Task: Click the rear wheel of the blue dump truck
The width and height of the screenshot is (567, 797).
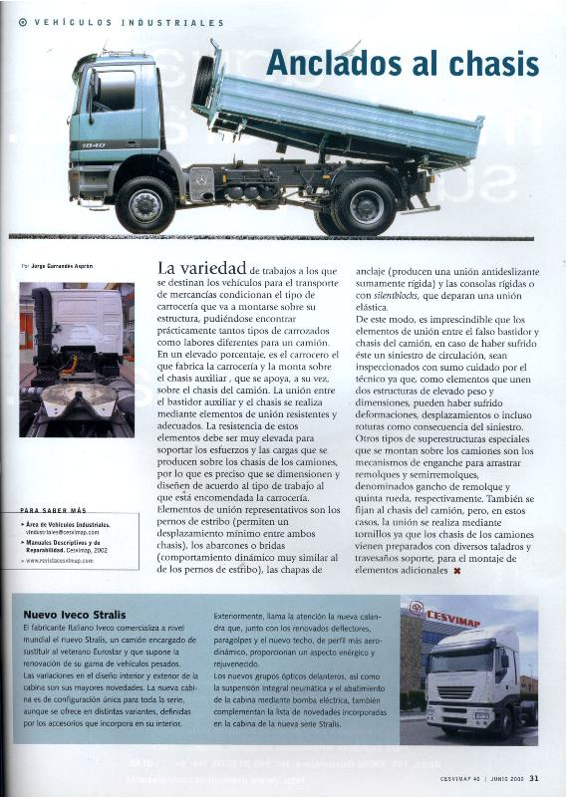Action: coord(364,206)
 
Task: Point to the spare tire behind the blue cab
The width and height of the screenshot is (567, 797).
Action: coord(205,82)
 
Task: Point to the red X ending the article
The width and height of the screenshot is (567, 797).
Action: coord(456,571)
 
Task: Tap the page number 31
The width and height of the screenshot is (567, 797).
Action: coord(534,779)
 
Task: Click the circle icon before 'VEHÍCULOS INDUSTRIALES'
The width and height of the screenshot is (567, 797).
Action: coord(22,22)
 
